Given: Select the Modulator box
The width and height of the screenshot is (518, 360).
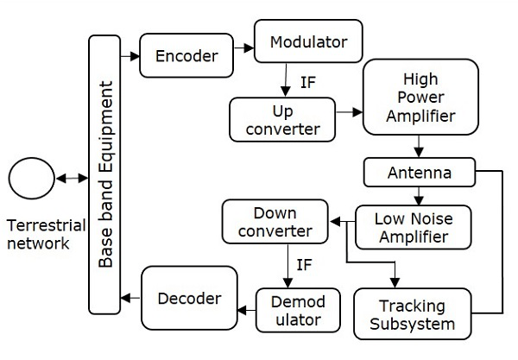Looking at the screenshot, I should pos(307,41).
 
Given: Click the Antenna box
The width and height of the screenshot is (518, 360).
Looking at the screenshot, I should pos(420,173).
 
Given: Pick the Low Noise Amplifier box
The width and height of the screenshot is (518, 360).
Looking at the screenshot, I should pos(414,227).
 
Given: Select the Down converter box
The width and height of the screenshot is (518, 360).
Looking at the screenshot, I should pos(275,222).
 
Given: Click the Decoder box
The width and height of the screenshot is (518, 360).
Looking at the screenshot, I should pos(189,299).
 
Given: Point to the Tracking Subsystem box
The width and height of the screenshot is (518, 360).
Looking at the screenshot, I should pos(413,314).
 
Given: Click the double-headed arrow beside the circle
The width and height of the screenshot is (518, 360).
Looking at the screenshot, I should pos(71,180).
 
